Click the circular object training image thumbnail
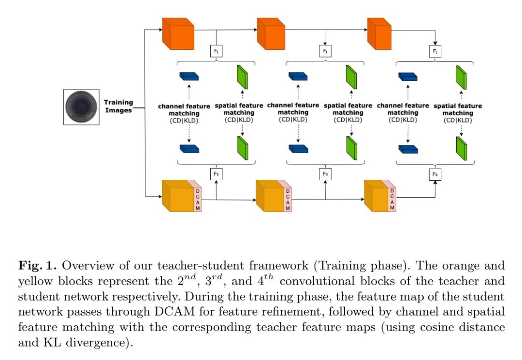tap(81, 107)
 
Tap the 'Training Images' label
tap(118, 106)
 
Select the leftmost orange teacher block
tap(178, 34)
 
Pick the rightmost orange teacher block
tap(379, 34)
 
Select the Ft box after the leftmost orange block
tap(217, 51)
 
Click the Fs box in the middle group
tap(325, 174)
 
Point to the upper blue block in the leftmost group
tap(189, 76)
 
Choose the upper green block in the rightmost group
tap(461, 77)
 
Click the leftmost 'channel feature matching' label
tap(184, 110)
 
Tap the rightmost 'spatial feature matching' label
tap(458, 110)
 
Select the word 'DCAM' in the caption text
tap(174, 311)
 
